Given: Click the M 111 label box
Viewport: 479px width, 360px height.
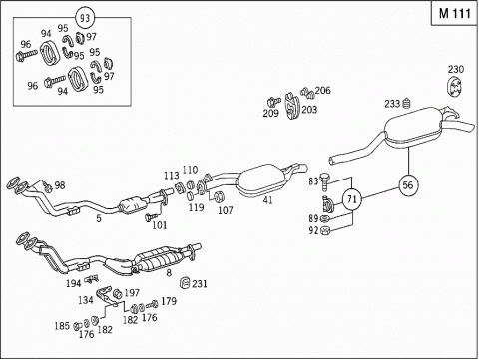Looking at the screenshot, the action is coord(454,13).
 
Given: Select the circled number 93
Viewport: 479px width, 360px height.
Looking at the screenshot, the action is coord(85,18).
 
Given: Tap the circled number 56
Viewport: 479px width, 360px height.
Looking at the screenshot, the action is coord(408,185).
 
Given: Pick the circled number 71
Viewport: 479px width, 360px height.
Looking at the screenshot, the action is coord(352,199).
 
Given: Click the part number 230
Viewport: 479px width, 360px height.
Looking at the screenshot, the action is coord(455,69).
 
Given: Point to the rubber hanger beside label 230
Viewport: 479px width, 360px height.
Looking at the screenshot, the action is coord(454,88).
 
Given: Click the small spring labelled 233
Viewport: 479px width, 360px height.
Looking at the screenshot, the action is coord(406,104).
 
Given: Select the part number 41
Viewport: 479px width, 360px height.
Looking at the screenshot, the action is coord(267,200).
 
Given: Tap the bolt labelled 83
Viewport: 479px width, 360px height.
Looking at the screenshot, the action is coord(324,182).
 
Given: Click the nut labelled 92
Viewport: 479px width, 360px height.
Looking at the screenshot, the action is coord(325,230).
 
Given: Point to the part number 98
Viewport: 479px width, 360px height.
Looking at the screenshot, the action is coord(60,185).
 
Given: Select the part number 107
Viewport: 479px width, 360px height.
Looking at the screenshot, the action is coord(226,210).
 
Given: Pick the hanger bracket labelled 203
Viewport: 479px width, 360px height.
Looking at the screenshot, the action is coord(292,106).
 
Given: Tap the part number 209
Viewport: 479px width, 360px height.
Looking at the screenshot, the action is coord(270,114).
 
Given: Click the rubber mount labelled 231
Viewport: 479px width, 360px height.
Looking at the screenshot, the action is coord(185,283).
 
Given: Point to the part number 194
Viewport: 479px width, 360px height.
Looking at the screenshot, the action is coord(73,283).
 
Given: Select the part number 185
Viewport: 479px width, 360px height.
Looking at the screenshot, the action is coord(62,326).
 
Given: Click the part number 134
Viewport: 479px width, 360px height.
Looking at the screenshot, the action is coord(86,300).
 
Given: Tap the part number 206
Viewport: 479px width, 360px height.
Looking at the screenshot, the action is coord(322,90).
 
